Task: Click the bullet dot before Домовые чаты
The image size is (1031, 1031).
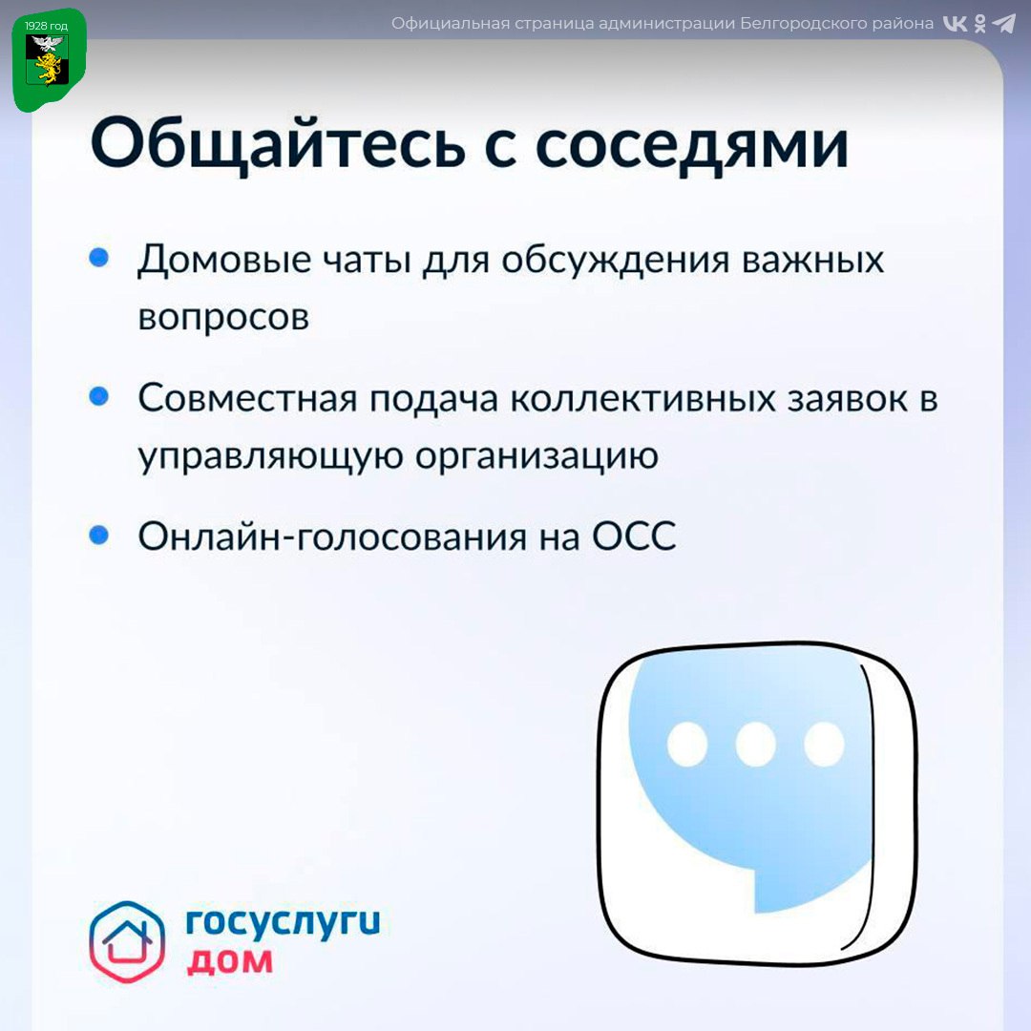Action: pyautogui.click(x=98, y=257)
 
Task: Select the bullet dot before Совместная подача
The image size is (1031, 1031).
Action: pyautogui.click(x=98, y=396)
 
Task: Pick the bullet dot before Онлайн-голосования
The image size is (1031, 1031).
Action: pyautogui.click(x=98, y=535)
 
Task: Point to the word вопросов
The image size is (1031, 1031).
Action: pyautogui.click(x=223, y=318)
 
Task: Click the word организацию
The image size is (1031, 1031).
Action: pyautogui.click(x=537, y=456)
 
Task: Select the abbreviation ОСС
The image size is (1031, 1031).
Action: pyautogui.click(x=634, y=536)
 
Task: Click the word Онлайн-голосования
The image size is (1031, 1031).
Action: pyautogui.click(x=332, y=537)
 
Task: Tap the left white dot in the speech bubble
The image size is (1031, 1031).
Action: pyautogui.click(x=687, y=745)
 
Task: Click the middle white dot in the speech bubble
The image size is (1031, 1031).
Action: pyautogui.click(x=755, y=745)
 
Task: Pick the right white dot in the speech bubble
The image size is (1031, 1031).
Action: pyautogui.click(x=824, y=745)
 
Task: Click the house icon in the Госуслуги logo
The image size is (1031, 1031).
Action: pyautogui.click(x=127, y=941)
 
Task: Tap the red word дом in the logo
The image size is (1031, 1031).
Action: pyautogui.click(x=229, y=962)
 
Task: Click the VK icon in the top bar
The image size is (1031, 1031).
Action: pyautogui.click(x=956, y=24)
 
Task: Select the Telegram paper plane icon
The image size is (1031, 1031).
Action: pyautogui.click(x=1003, y=24)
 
